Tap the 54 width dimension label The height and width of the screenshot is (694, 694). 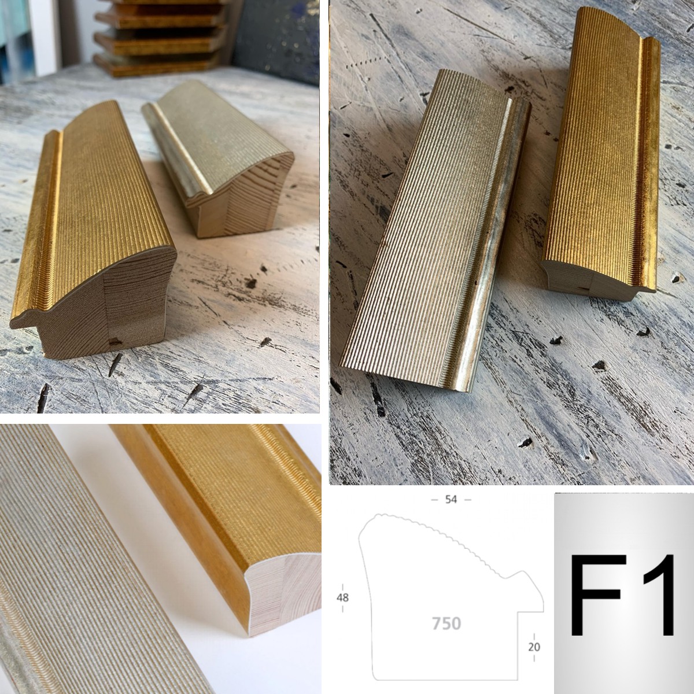(x=451, y=500)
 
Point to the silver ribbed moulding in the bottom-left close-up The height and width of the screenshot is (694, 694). (x=83, y=558)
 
